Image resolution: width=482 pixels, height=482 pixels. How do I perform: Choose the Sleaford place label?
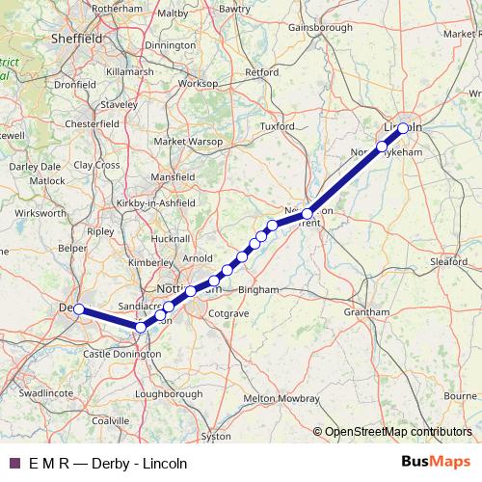[x=450, y=261]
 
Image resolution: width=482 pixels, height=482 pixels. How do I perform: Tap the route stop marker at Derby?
[x=79, y=309]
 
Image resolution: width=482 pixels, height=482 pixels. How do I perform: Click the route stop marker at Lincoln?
[x=402, y=127]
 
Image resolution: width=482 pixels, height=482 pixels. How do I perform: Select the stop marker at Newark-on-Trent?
[x=308, y=213]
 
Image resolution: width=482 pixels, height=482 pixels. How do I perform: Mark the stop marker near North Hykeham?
[x=382, y=147]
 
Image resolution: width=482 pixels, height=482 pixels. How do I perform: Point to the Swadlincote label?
[x=46, y=393]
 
